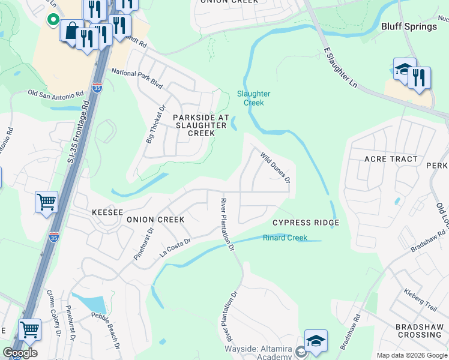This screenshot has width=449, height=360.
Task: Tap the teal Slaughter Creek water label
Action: click(253, 98)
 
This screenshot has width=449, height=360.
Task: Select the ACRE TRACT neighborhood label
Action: click(391, 159)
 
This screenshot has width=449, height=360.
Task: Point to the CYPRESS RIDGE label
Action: click(306, 223)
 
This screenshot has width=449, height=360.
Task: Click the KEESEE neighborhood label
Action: click(107, 212)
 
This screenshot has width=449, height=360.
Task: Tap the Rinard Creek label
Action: click(285, 238)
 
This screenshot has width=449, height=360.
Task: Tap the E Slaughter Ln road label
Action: click(340, 69)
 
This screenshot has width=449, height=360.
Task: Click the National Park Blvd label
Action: click(137, 79)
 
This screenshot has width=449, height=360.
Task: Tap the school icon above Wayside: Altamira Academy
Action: click(316, 340)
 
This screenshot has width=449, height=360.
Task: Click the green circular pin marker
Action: click(53, 20)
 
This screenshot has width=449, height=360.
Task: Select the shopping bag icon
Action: click(71, 30)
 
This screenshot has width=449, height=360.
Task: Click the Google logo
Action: click(20, 353)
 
